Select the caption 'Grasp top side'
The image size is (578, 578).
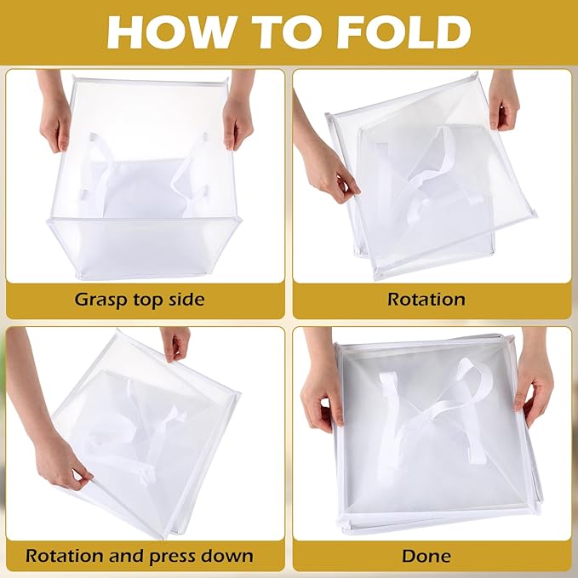140,300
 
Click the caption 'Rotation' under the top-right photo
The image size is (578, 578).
426,300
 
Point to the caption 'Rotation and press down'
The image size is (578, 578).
140,556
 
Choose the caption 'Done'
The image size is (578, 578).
426,556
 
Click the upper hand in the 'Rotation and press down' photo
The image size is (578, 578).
178,343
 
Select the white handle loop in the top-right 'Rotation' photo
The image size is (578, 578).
426,170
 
